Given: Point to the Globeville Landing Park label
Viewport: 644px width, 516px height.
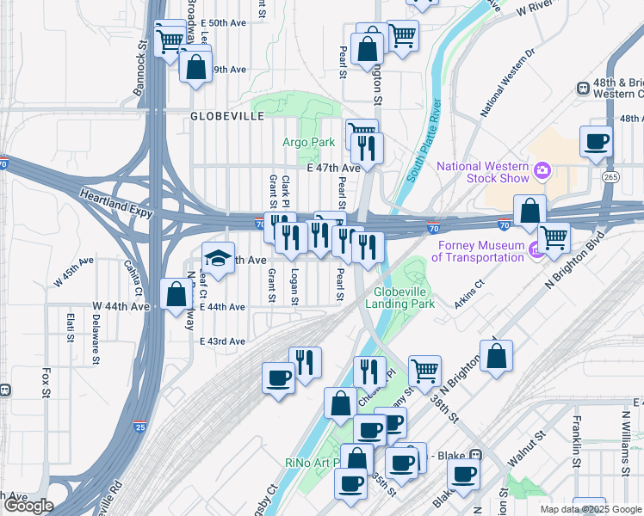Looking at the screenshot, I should click(400, 297).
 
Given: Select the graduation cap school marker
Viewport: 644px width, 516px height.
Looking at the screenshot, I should click(218, 258).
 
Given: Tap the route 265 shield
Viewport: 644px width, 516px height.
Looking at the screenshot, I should click(611, 176).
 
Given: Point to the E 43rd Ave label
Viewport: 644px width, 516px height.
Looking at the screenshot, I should click(222, 341).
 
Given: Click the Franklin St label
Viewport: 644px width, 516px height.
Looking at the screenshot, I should click(575, 442).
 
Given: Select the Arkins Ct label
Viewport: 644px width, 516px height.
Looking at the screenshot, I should click(472, 294).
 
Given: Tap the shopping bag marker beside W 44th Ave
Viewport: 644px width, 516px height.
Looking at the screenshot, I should click(176, 294).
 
